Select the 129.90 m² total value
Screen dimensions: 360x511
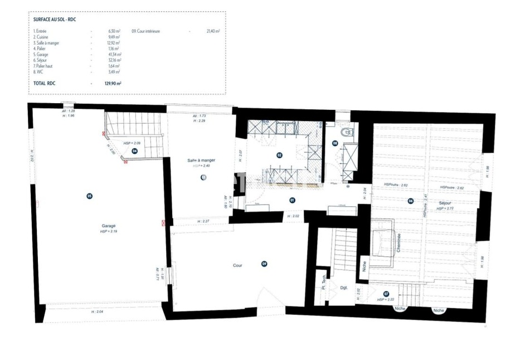pos(115,83)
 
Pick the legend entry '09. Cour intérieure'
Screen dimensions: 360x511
pos(146,31)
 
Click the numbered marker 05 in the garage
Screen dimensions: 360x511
pos(89,196)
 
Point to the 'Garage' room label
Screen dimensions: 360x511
pos(109,226)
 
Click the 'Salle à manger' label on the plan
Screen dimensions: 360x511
pos(201,160)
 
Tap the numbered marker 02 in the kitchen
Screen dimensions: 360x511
pos(279,155)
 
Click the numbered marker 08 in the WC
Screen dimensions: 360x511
pos(335,143)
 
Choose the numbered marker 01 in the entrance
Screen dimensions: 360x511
pos(291,200)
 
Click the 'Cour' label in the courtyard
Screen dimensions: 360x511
pos(237,265)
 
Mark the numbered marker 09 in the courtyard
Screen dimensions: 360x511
pos(265,264)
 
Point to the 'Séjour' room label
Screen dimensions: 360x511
pos(445,203)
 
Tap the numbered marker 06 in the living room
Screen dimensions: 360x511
pos(411,201)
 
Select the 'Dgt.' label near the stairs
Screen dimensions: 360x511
pos(343,288)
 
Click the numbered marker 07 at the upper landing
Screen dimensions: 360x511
pos(386,293)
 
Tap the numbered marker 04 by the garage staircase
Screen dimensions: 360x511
pos(134,150)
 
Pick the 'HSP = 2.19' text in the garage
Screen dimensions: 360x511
pos(109,231)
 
